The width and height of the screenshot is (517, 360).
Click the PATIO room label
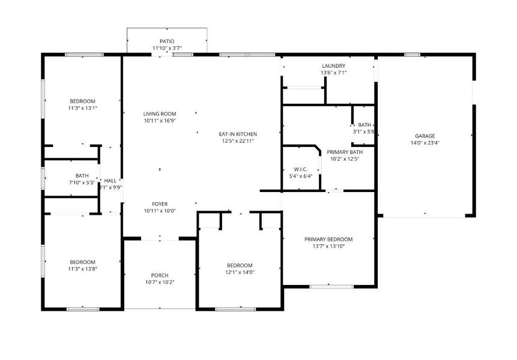167,41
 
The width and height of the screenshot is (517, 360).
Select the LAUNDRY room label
333,65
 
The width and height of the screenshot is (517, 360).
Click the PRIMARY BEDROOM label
328,239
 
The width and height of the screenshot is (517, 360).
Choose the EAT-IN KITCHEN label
238,134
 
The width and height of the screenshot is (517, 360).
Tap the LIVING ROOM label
160,113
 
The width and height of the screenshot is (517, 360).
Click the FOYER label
160,204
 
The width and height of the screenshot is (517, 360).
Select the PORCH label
160,275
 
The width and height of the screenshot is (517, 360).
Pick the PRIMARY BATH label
345,152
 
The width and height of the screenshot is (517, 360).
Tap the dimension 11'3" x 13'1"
82,108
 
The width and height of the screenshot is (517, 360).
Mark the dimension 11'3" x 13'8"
82,269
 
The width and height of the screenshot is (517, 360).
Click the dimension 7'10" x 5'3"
82,182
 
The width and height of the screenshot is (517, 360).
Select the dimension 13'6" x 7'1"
333,73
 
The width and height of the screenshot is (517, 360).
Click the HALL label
110,180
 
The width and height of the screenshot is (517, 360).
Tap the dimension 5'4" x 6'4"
301,176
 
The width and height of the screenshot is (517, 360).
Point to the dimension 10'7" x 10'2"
160,283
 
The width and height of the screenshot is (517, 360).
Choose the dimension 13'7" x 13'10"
328,246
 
